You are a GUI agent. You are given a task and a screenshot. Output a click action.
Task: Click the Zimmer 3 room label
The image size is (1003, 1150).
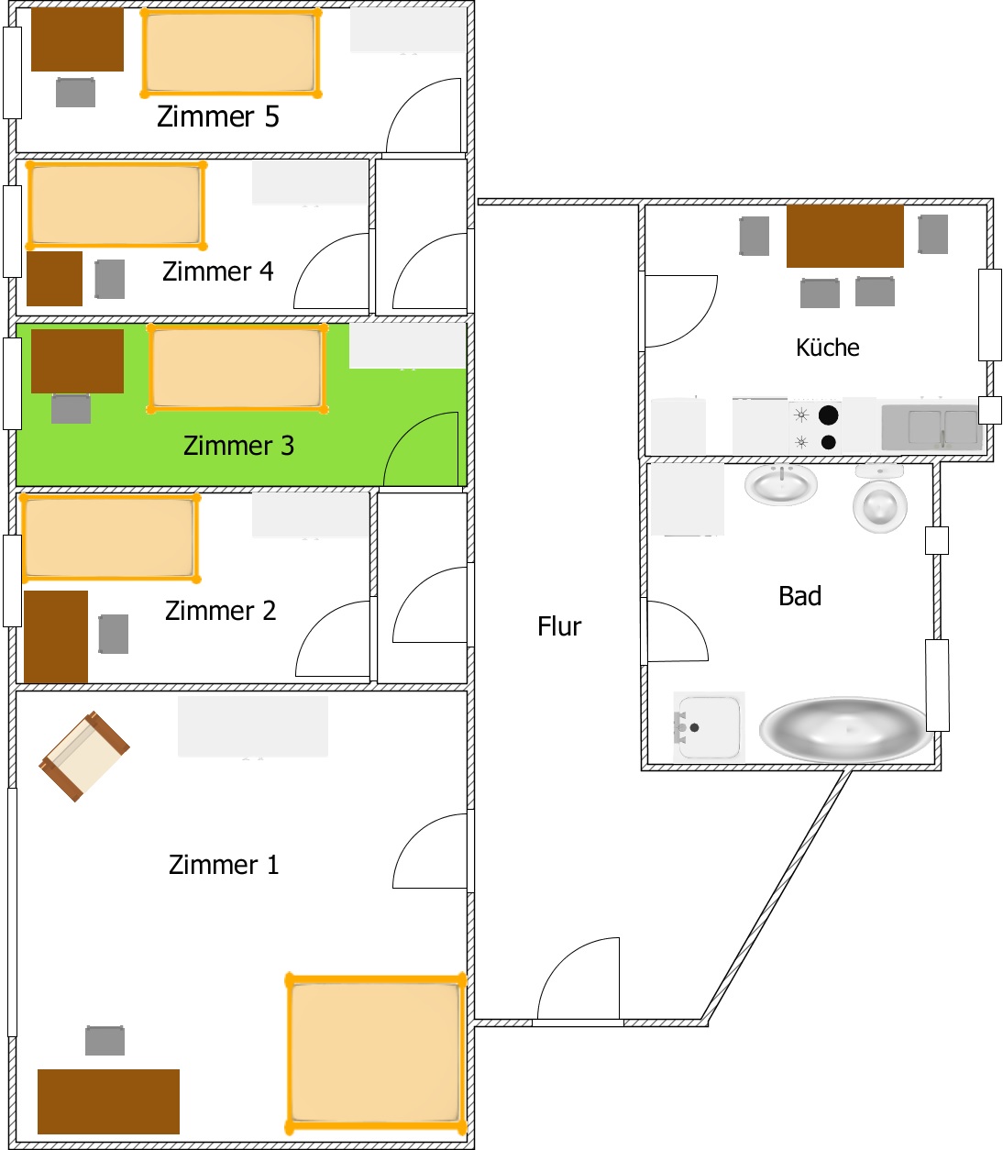238,445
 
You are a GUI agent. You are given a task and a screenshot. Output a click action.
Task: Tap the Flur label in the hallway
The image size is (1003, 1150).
559,626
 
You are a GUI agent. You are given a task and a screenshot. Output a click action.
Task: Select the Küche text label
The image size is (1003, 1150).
828,348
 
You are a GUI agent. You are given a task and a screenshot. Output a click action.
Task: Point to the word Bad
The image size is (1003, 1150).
800,596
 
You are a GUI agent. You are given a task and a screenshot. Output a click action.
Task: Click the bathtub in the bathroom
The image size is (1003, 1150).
845,730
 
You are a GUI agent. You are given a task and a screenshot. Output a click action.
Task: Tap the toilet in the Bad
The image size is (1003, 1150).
880,498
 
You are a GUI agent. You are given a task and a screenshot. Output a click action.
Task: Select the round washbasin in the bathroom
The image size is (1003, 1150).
781,484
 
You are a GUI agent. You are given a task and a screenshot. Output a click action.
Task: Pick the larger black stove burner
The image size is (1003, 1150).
828,415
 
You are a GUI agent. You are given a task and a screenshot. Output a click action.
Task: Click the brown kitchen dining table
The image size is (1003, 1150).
845,236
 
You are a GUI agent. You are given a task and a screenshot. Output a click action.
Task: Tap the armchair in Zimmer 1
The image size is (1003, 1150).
84,756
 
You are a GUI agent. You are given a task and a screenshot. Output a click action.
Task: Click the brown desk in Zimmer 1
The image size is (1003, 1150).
108,1101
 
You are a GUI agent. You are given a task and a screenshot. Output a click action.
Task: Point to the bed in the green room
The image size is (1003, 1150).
237,368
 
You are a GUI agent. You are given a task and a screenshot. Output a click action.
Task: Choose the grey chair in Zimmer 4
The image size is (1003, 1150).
110,279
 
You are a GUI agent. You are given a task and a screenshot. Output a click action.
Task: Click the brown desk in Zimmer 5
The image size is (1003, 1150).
78,39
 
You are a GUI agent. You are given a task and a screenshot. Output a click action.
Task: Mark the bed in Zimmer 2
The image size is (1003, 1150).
110,538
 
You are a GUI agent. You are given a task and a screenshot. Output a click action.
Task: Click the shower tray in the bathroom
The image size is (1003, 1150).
709,727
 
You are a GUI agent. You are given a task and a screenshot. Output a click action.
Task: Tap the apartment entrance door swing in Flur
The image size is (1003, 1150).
579,979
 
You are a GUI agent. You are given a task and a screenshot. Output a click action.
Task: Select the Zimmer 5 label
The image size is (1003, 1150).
218,116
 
